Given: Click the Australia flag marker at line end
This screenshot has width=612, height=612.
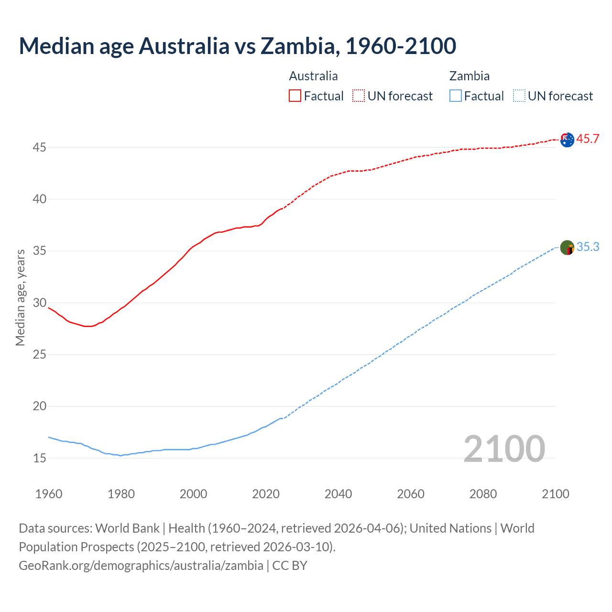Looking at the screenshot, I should coord(567,140).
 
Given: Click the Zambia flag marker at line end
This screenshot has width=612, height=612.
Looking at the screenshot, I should coord(567,248).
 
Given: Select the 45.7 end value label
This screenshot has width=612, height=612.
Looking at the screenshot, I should coord(588,139).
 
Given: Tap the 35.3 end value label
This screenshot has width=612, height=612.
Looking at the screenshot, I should coord(588,247).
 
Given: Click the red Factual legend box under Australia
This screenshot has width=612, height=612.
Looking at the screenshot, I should coord(295,96).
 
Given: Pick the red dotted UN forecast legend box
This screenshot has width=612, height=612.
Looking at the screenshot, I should coord(359,96).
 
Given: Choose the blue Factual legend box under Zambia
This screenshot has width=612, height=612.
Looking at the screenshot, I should coord(456,96).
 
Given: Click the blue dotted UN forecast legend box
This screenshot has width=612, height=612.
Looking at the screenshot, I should coord(519,96).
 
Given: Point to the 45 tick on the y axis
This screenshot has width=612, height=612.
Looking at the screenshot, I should coord(39,148).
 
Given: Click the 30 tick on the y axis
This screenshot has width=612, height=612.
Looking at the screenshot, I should coord(39,303).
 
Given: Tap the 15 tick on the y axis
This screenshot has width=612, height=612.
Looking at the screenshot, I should coord(39,459).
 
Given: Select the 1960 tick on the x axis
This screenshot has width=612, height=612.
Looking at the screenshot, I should coord(49,494).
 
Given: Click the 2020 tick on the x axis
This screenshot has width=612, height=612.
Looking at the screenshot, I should coord(266,494).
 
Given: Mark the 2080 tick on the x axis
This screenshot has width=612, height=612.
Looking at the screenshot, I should coord(483,494).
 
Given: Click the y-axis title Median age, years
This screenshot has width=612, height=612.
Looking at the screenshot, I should coord(20,297).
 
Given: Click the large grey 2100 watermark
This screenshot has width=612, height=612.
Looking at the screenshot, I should coord(504,449).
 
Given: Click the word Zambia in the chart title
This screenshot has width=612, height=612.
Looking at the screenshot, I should coord(300,46).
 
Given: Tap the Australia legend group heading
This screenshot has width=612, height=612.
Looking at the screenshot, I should coord(313,76).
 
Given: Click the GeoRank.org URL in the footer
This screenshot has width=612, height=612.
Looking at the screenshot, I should coord(141,566).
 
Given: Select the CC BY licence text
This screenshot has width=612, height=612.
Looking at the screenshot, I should coord(290,566).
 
